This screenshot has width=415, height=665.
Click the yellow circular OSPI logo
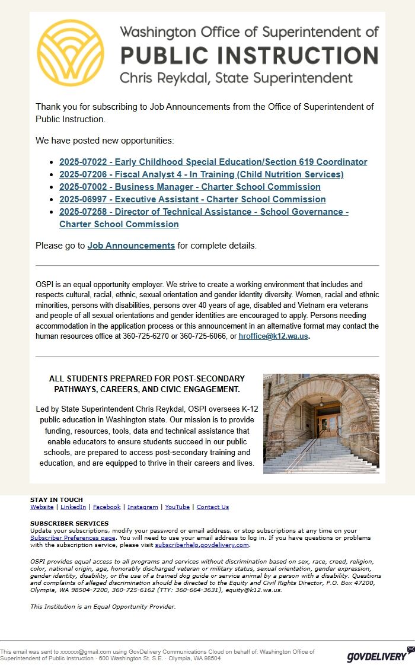tap(70, 53)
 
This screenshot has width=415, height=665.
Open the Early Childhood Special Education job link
tap(213, 162)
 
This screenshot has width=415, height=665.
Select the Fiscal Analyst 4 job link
tap(201, 174)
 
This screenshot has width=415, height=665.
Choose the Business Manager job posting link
tap(190, 187)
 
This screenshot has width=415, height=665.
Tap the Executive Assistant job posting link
tap(192, 199)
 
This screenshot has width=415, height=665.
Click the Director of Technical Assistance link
tap(203, 212)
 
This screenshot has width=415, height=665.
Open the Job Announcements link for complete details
tap(131, 246)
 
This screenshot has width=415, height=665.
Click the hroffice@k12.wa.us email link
tap(273, 336)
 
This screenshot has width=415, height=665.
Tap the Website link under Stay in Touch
tap(41, 507)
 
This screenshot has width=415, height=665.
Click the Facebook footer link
tap(107, 507)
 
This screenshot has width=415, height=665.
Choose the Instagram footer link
tap(142, 507)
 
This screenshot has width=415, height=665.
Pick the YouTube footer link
tap(177, 507)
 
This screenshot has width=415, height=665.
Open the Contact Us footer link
tap(212, 507)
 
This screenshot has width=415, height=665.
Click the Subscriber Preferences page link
tap(73, 538)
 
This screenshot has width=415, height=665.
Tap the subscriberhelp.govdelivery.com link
tap(202, 545)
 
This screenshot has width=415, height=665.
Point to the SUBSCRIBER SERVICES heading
tap(69, 524)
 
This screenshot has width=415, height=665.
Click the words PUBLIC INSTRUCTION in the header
tap(249, 55)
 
